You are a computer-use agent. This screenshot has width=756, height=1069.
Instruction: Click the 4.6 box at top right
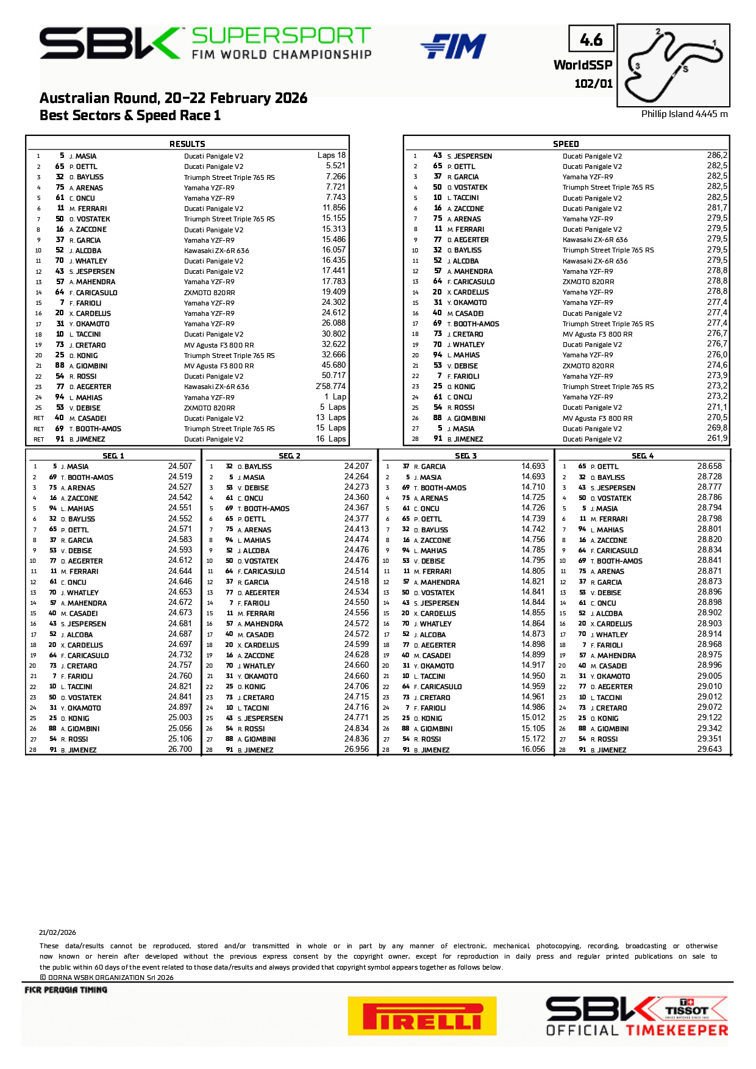591,40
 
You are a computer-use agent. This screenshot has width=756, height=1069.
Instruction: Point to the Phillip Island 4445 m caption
684,114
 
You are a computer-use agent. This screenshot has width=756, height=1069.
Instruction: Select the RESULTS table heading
187,144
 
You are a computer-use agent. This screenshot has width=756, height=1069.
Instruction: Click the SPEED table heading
565,144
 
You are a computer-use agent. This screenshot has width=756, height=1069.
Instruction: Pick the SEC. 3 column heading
466,456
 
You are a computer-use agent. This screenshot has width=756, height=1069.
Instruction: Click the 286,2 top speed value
717,156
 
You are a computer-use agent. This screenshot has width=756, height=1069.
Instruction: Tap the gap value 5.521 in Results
335,166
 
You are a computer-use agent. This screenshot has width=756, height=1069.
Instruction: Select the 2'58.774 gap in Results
330,386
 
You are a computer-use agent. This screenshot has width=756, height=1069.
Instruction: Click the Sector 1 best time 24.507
180,467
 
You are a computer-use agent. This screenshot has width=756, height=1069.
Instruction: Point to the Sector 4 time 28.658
709,467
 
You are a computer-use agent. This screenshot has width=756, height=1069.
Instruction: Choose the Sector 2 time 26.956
356,749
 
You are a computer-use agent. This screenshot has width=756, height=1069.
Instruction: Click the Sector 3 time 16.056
533,749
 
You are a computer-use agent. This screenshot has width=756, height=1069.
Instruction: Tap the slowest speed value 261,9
717,438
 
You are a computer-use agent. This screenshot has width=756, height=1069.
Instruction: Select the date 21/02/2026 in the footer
57,932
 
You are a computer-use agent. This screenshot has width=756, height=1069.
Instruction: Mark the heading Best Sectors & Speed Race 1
130,116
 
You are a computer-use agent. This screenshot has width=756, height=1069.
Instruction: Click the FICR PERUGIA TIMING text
66,990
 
